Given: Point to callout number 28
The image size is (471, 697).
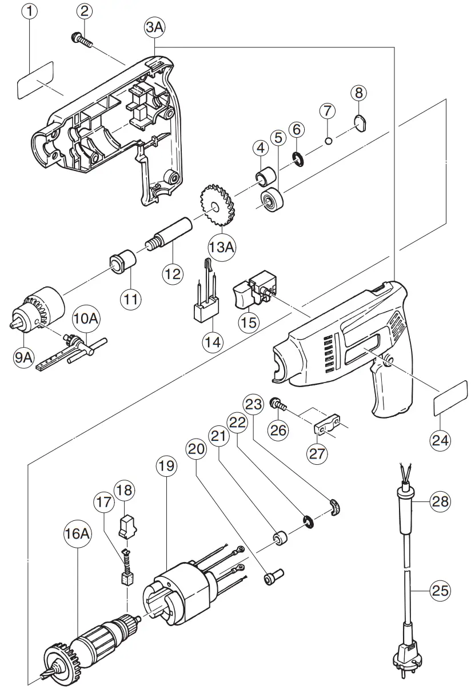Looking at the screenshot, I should point(441,502).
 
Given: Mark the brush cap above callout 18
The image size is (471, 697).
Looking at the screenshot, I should point(128,525).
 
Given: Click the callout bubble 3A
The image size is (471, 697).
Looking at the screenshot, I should point(155,27).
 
